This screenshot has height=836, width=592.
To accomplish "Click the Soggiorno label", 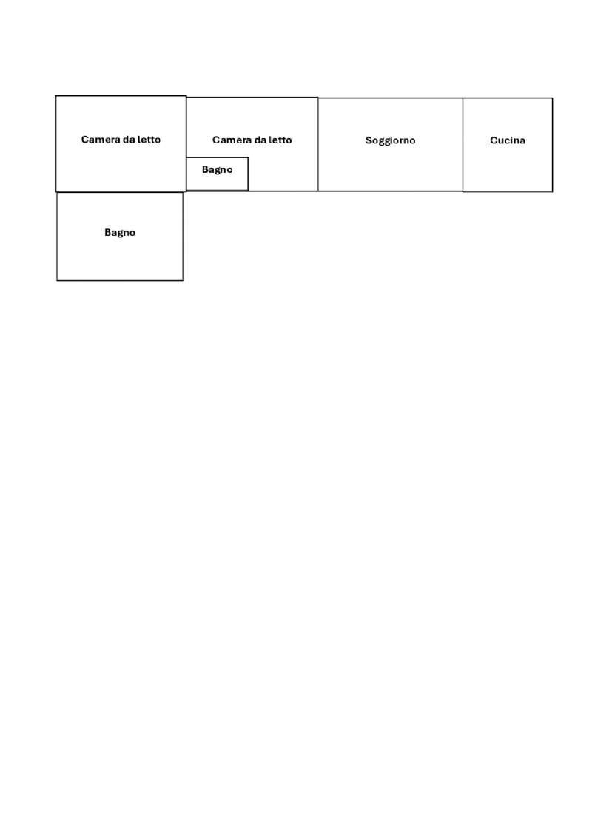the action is click(390, 140).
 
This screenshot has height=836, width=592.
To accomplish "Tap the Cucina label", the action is click(508, 140).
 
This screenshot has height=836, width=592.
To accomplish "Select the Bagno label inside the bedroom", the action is click(218, 169).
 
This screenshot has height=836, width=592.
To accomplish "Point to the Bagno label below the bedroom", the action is click(120, 232).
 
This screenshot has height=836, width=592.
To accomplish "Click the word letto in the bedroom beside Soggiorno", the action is click(280, 140).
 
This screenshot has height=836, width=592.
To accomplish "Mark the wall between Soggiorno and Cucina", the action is click(462, 144).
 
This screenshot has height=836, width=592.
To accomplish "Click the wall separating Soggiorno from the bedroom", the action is click(318, 144).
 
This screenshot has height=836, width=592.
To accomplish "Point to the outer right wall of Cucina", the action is click(553, 144).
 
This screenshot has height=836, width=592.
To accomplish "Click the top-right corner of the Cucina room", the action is click(553, 98).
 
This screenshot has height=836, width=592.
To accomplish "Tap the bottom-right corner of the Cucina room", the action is click(553, 191).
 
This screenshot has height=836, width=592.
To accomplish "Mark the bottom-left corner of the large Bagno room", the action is click(57, 280).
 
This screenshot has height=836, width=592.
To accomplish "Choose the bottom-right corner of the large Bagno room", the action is click(183, 280).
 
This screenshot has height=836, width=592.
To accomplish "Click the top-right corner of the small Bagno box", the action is click(248, 158).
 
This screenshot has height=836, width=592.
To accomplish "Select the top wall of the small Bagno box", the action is click(218, 158).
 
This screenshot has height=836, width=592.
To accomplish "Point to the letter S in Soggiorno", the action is click(369, 140).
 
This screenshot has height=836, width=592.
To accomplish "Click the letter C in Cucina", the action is click(494, 140).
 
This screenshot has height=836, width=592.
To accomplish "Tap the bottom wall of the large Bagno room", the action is click(120, 280).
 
